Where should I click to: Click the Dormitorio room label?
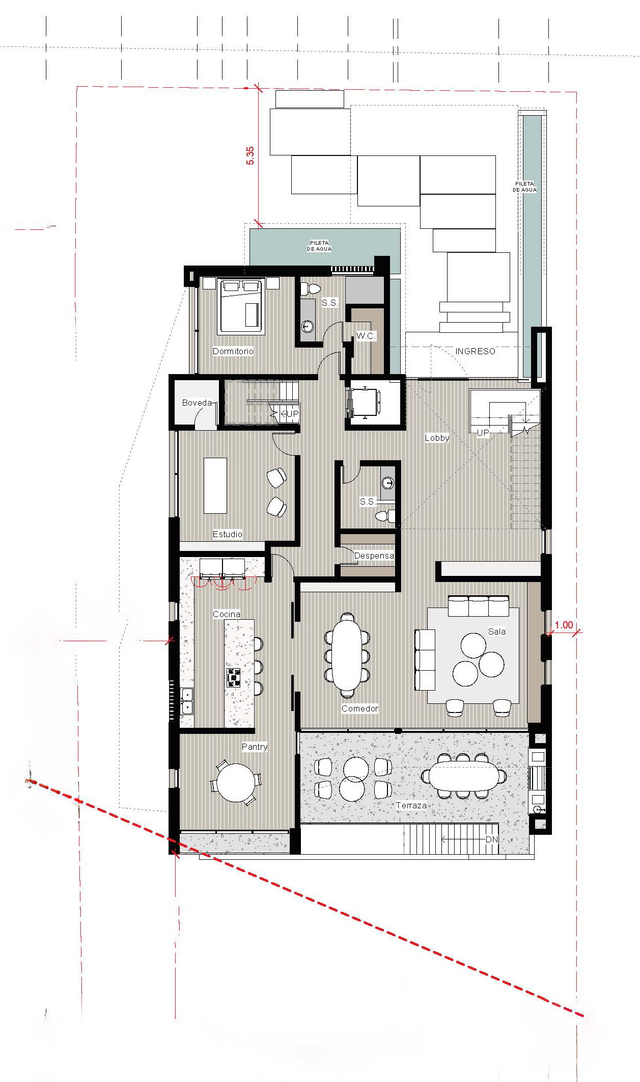(233, 351)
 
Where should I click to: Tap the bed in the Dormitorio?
(241, 306)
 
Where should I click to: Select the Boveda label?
(197, 403)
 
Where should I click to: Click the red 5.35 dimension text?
(250, 155)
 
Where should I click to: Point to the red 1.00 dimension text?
(564, 625)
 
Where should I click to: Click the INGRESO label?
(475, 351)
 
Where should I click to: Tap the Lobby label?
(437, 438)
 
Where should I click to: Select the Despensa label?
(374, 556)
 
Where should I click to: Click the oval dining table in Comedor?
(347, 654)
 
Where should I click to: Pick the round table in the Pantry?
(236, 782)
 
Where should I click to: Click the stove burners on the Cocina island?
(234, 678)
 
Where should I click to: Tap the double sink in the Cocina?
(187, 701)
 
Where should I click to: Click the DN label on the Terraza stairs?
(491, 839)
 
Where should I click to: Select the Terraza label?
(411, 805)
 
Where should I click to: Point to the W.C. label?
(366, 336)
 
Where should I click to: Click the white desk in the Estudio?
(215, 485)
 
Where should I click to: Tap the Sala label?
(497, 631)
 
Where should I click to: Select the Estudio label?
(227, 534)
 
